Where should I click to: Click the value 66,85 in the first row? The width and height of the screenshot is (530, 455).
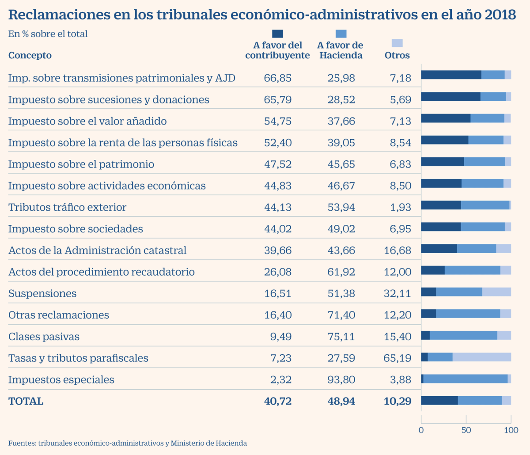277,78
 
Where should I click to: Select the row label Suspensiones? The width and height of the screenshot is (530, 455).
42,294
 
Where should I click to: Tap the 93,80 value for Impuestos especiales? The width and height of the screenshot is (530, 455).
341,380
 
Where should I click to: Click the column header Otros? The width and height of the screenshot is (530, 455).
397,56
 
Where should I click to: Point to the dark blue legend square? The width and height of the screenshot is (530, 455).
277,34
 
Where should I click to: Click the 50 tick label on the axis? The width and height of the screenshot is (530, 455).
466,430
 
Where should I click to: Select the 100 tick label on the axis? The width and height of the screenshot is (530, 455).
511,430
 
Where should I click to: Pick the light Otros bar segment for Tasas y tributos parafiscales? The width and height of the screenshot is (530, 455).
481,357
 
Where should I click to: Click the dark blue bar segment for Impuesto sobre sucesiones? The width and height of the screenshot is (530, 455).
450,97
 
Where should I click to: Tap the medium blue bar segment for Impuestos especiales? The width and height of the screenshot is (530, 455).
465,379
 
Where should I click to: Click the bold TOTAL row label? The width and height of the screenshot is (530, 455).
26,402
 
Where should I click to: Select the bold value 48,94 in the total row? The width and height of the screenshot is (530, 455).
341,402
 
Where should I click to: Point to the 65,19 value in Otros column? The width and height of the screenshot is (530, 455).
397,358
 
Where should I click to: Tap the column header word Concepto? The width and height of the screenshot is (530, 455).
30,56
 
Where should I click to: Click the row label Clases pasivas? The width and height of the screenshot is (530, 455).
44,337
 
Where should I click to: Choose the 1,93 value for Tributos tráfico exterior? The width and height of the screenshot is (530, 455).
400,208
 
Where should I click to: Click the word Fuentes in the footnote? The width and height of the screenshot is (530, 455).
22,443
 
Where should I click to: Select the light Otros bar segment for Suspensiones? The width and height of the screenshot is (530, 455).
496,292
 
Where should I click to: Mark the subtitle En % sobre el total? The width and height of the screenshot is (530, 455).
48,34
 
